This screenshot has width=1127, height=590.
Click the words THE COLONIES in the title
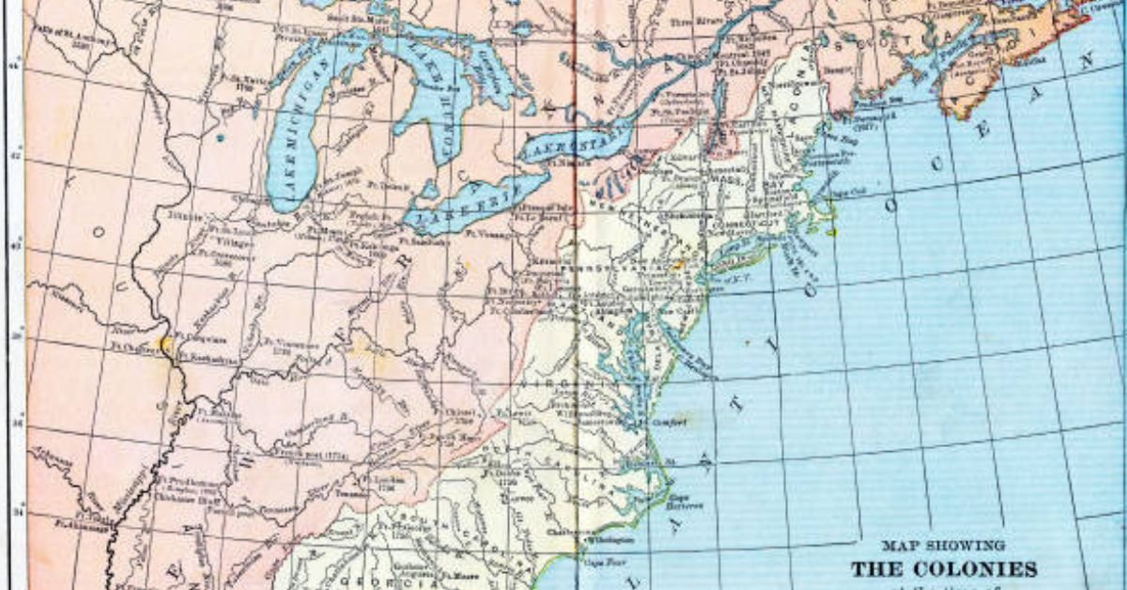944,569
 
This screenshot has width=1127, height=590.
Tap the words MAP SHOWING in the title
943,545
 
